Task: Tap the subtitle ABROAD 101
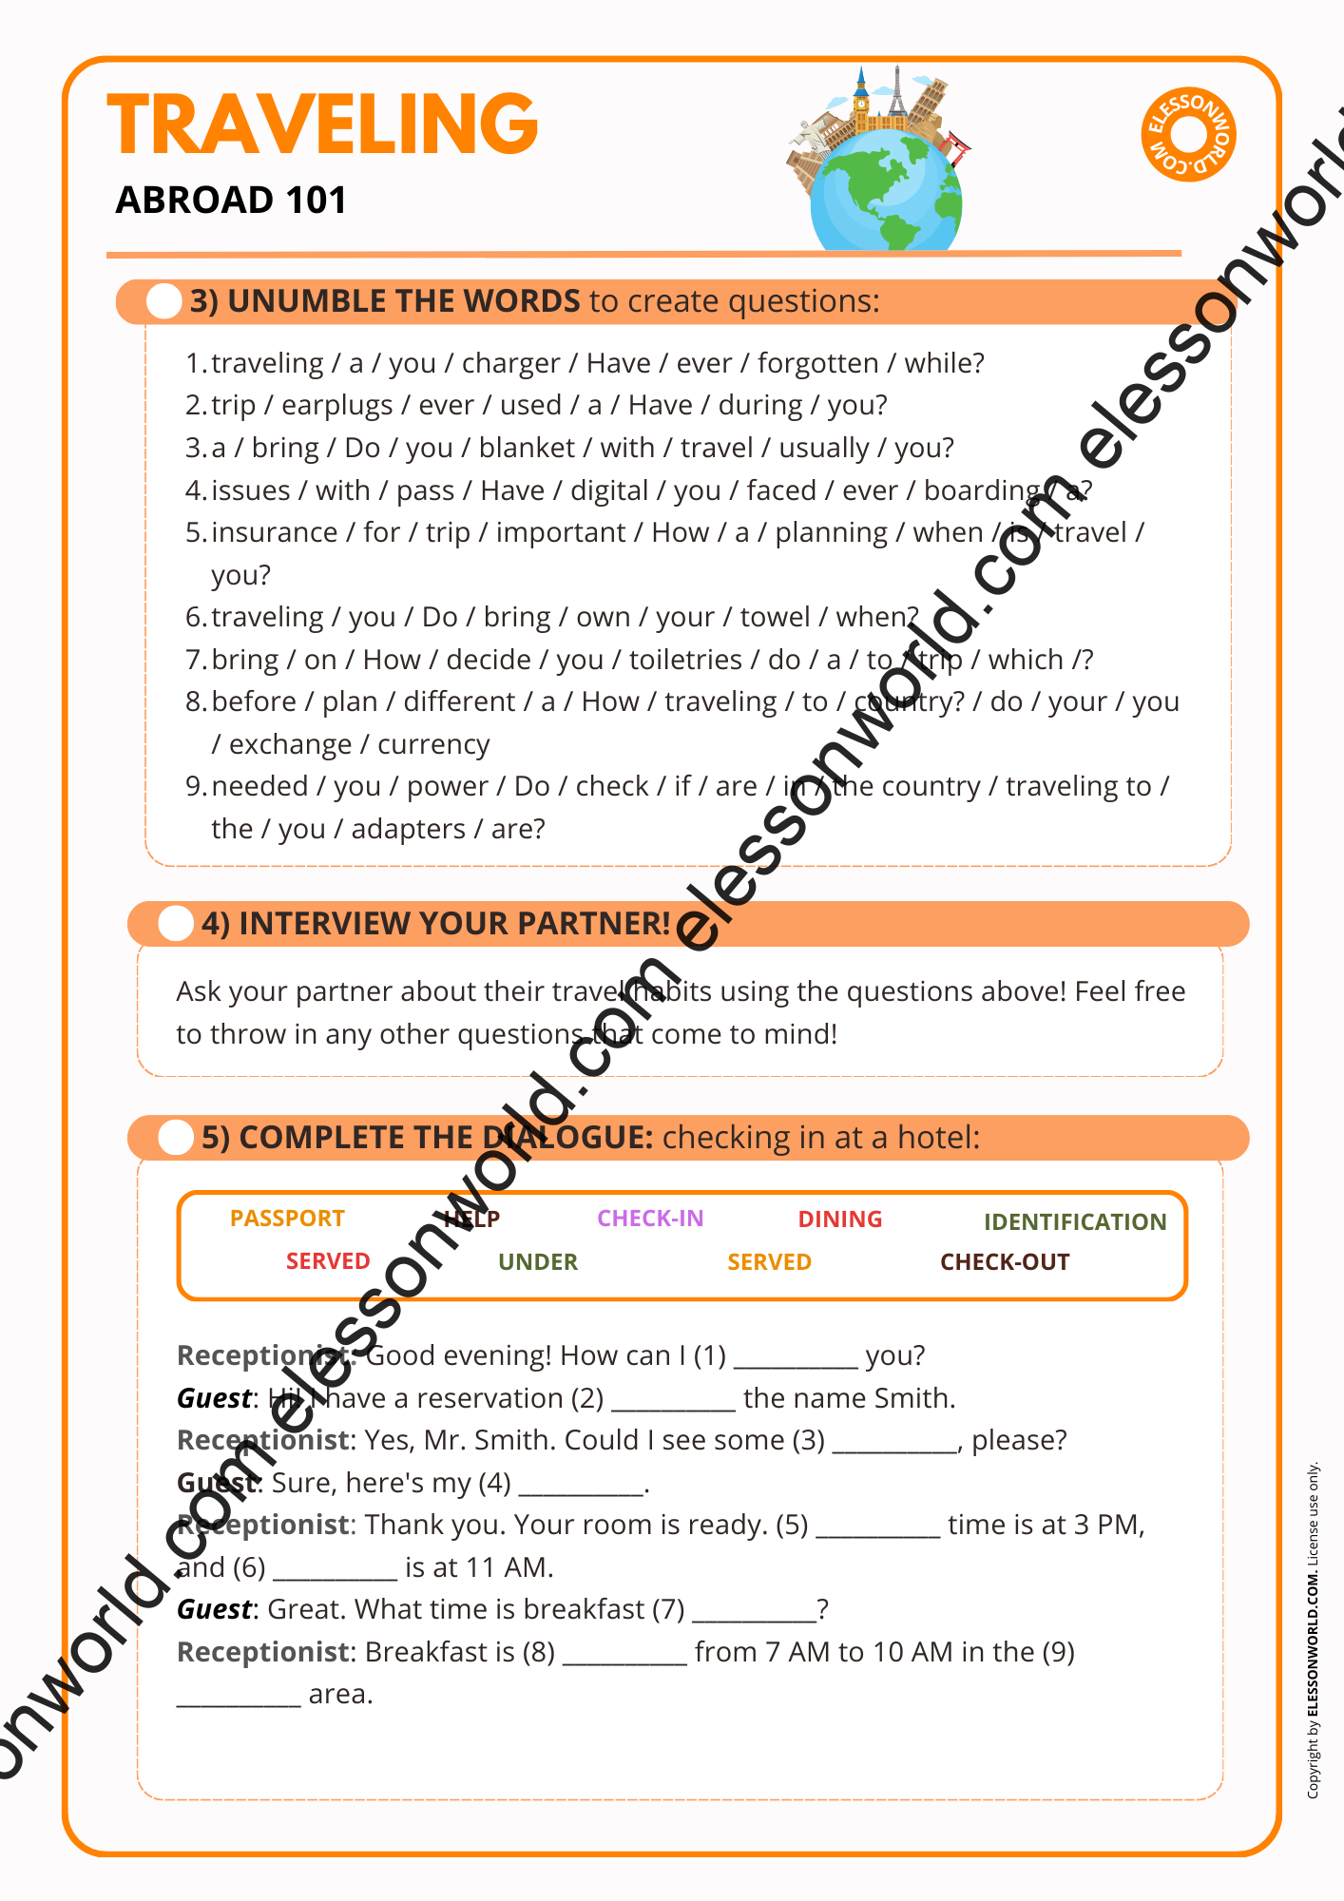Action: [231, 201]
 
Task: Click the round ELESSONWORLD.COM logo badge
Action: [1188, 134]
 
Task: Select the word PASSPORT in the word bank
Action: [287, 1219]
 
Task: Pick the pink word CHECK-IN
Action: [650, 1219]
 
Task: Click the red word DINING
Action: [840, 1219]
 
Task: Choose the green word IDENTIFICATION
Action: [1075, 1222]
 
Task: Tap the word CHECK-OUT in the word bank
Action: [1005, 1262]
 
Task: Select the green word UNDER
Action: [538, 1262]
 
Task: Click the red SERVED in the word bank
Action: [328, 1261]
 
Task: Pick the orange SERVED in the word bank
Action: [769, 1262]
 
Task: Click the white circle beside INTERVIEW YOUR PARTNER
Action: [176, 924]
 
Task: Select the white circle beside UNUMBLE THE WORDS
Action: [164, 301]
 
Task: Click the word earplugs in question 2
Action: [336, 406]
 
